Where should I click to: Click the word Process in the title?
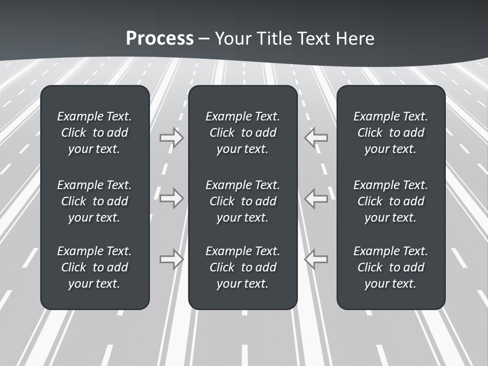[x=160, y=39]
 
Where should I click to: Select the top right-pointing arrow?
[x=172, y=137]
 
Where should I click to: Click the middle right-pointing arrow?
[x=172, y=198]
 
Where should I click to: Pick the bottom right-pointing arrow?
[x=172, y=259]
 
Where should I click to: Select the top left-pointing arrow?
[x=316, y=137]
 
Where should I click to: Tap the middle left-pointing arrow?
[x=316, y=198]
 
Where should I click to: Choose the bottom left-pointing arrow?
[x=316, y=259]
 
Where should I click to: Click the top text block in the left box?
[x=95, y=133]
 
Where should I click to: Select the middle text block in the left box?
[x=95, y=201]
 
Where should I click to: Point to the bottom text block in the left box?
[x=95, y=267]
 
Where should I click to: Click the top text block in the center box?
[x=243, y=133]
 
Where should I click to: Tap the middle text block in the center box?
[x=243, y=201]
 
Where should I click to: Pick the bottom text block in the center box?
[x=243, y=267]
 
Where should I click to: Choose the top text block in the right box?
[x=391, y=133]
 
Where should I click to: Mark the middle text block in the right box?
[x=391, y=201]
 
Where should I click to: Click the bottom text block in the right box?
[x=391, y=267]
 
